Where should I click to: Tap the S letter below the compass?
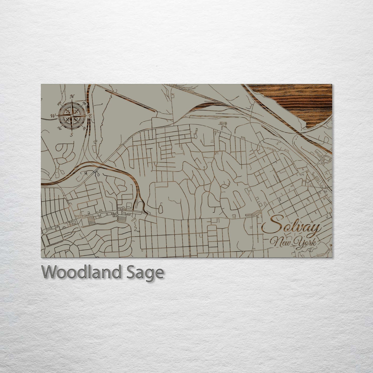pyautogui.click(x=72, y=134)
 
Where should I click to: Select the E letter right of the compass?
pyautogui.click(x=90, y=116)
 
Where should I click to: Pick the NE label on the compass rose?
pyautogui.click(x=84, y=103)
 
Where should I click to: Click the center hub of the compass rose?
pyautogui.click(x=72, y=115)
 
